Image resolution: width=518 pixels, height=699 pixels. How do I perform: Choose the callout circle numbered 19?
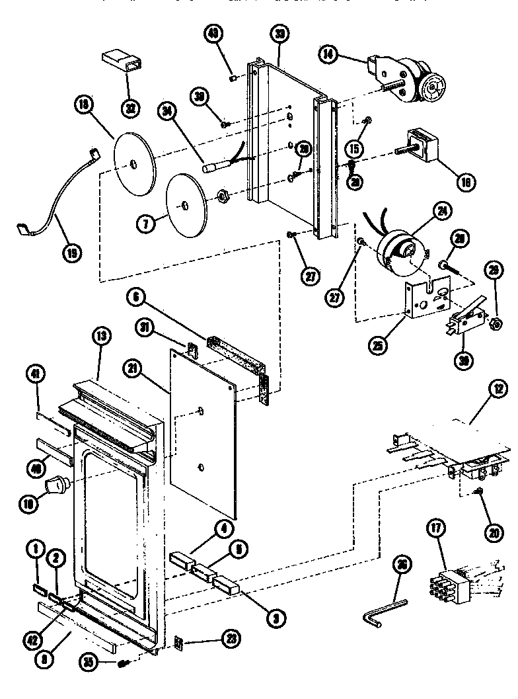(71, 252)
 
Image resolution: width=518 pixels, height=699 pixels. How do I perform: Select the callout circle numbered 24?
(439, 212)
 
